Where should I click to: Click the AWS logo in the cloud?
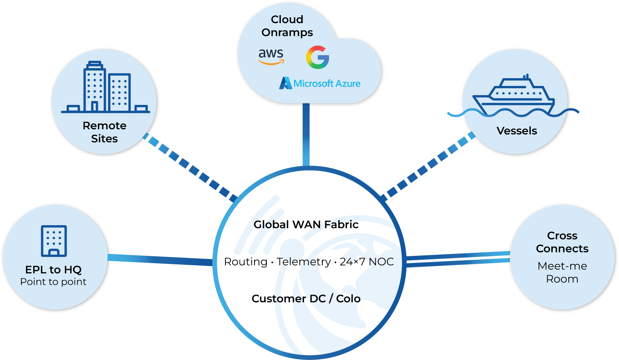coord(271,56)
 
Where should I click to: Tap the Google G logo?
coord(318,57)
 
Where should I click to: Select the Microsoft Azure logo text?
coord(320,83)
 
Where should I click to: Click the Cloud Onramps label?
coord(287,26)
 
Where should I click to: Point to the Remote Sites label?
coord(104,132)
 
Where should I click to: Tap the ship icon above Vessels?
coord(514,97)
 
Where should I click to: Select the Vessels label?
coord(517,131)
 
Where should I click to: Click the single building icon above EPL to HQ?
coord(54,241)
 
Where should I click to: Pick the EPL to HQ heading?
coord(53,269)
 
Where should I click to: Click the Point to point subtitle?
coord(53,282)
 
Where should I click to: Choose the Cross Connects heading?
coord(562,242)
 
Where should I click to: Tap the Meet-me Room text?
coord(562,273)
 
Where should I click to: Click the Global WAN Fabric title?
coord(306,225)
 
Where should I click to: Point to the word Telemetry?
coord(304,262)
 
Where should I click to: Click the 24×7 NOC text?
coord(366,262)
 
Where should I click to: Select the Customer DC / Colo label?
coord(306,299)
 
